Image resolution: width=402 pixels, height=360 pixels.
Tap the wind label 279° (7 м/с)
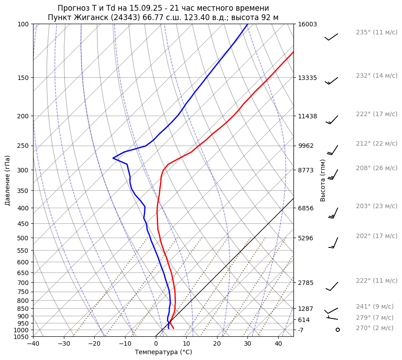tap(374, 318)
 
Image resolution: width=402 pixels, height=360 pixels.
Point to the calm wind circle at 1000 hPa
tap(337, 330)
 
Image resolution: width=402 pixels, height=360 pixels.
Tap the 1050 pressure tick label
tap(21, 337)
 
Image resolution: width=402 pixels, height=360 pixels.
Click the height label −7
tap(301, 330)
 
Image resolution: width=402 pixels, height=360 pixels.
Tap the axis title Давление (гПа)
tap(8, 180)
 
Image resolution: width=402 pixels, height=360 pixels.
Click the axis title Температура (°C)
tap(163, 352)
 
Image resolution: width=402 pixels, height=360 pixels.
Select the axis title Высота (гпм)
tap(323, 180)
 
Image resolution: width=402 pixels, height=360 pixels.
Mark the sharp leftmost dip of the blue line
tap(113, 158)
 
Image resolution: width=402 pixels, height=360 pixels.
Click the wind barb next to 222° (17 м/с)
tap(332, 119)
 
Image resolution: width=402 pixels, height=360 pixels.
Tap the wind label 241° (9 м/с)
tap(374, 307)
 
